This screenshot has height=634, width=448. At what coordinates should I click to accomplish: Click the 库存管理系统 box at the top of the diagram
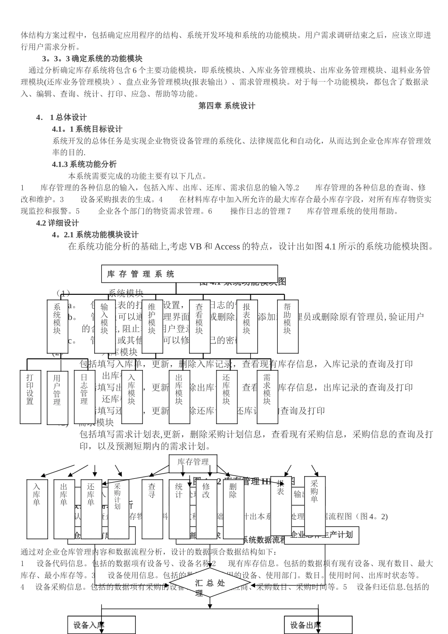coord(189,274)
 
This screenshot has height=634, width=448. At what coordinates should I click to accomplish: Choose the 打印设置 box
coord(30,397)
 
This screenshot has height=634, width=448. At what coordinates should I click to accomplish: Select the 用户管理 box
coord(57,398)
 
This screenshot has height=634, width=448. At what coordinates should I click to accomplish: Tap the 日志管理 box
coord(84,397)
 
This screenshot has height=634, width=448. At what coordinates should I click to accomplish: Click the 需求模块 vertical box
coord(267,397)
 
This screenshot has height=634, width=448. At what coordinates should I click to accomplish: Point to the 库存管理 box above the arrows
coord(193,462)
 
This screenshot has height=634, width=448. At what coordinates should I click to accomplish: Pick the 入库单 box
coord(37,509)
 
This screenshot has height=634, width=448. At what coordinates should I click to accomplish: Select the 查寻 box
coord(152,509)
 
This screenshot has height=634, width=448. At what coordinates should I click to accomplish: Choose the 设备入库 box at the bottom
coord(101,626)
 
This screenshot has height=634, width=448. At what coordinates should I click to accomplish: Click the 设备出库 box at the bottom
coord(318,626)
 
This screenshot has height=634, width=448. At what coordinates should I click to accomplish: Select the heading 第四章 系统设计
coord(227,106)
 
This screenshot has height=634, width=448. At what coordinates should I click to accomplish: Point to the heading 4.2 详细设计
coord(58,223)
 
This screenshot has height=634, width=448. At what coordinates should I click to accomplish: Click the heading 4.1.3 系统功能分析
coord(84,164)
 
